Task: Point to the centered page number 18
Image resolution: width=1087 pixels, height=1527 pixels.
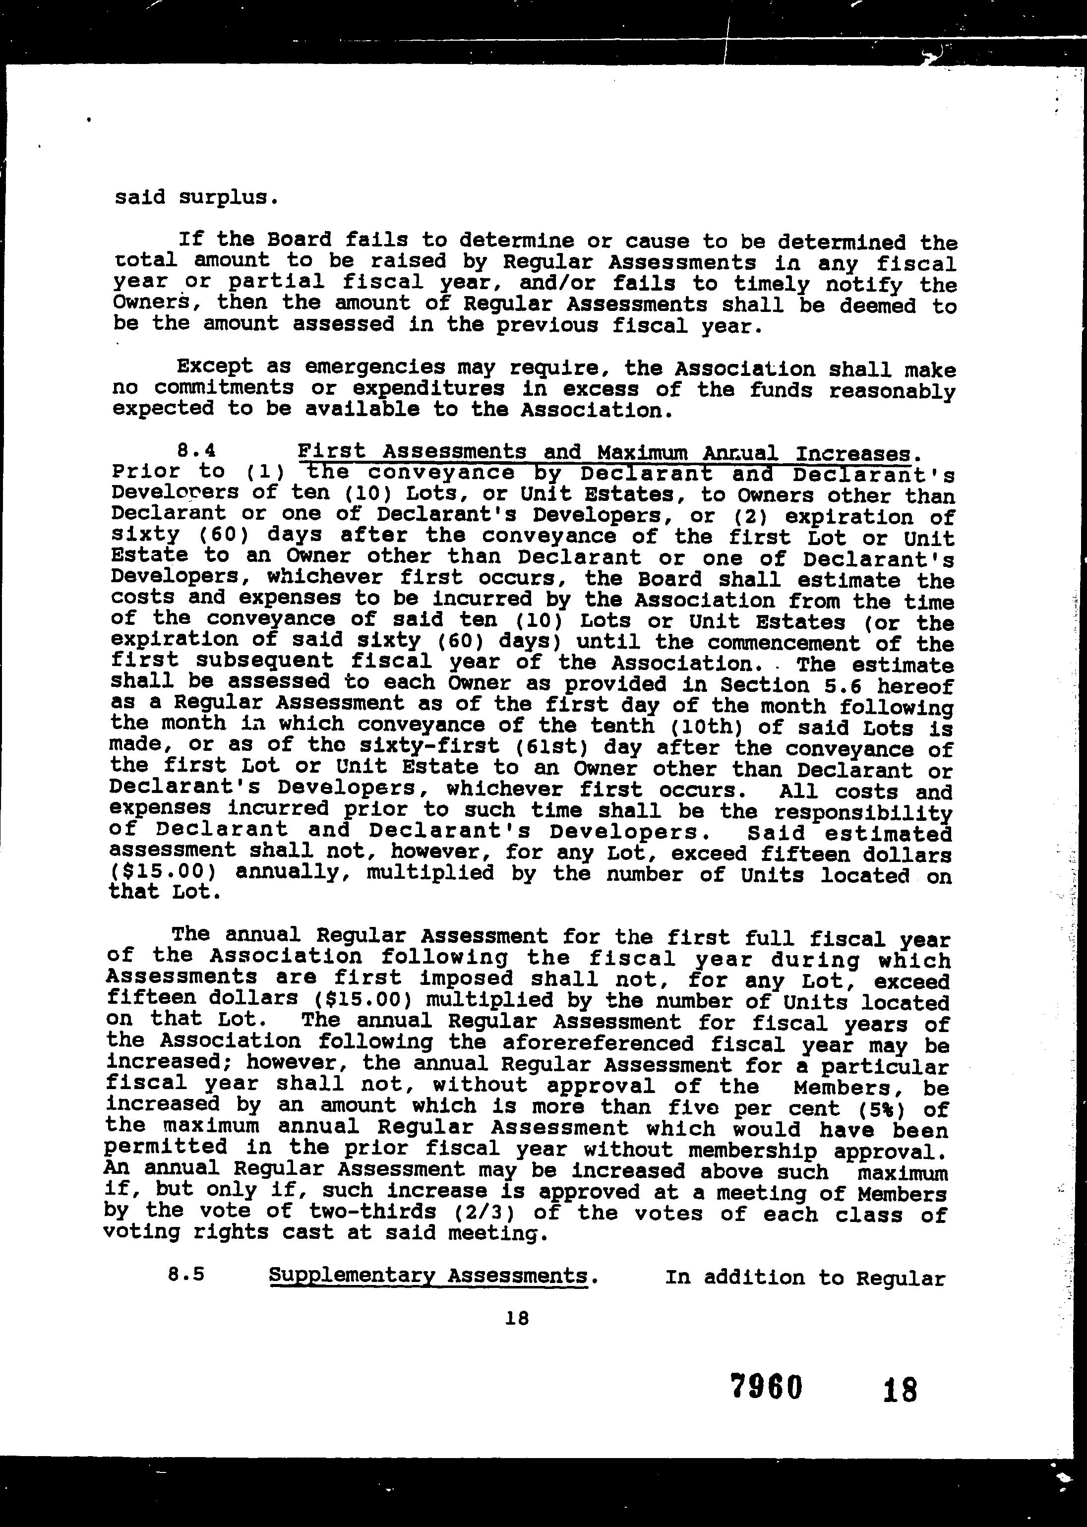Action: (x=517, y=1318)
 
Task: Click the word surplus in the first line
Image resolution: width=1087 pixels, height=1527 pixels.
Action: (x=228, y=198)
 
